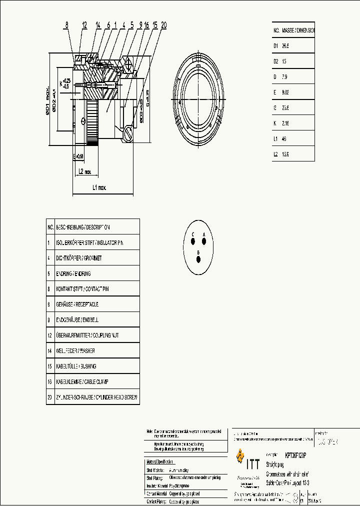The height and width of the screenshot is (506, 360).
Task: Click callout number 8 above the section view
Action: [66, 24]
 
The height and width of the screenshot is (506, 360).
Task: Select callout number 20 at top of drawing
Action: [163, 24]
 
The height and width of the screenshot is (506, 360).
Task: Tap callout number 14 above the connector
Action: [97, 24]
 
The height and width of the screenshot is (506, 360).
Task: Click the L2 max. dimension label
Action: [84, 171]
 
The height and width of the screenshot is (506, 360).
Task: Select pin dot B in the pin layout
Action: [198, 258]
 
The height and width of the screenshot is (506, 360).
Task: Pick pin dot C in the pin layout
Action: [193, 242]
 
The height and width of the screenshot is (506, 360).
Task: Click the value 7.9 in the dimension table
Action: [285, 76]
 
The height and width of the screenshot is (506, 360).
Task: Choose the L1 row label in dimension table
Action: [275, 139]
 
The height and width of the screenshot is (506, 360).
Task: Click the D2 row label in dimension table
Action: [275, 61]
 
